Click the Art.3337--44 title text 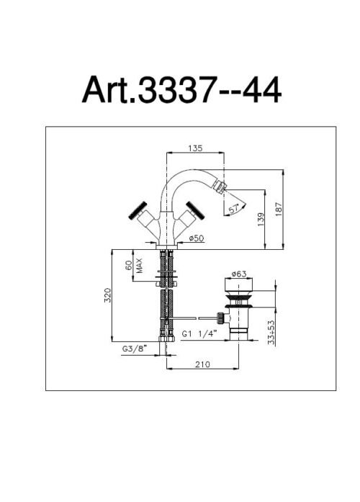pyautogui.click(x=181, y=89)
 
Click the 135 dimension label pyautogui.click(x=195, y=148)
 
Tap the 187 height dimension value pyautogui.click(x=279, y=210)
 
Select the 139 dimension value pyautogui.click(x=261, y=220)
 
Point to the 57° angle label pyautogui.click(x=234, y=209)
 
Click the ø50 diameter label pyautogui.click(x=196, y=238)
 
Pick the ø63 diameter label pyautogui.click(x=239, y=274)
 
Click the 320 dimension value pyautogui.click(x=107, y=295)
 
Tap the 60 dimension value pyautogui.click(x=129, y=266)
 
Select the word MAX pyautogui.click(x=139, y=266)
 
